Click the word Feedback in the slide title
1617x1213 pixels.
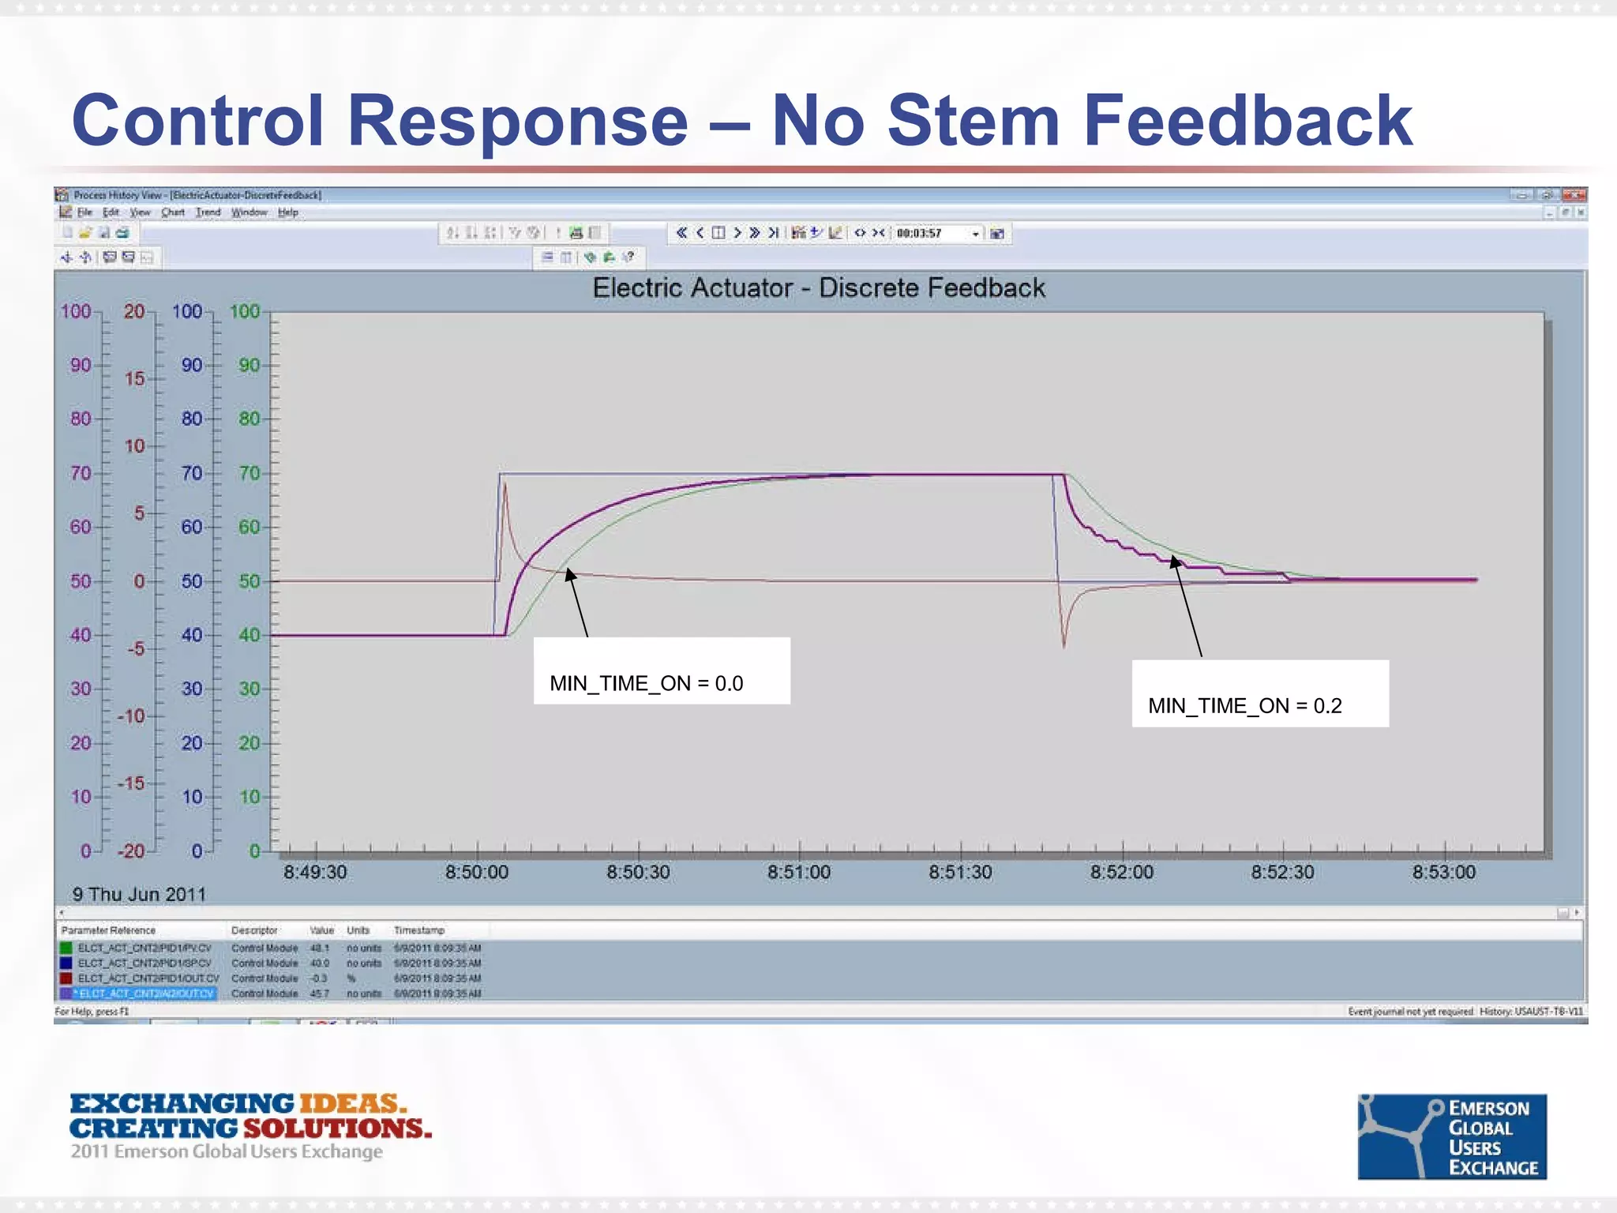1247,120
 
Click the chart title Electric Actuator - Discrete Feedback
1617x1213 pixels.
819,287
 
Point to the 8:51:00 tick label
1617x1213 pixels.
799,873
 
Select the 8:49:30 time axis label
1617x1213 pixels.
315,873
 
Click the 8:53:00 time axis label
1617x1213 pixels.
1443,873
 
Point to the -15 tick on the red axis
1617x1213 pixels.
131,783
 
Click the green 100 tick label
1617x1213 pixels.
245,311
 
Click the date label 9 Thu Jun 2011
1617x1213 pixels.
139,895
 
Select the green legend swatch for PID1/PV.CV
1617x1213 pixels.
66,948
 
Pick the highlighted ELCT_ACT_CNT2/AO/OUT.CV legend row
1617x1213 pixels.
146,993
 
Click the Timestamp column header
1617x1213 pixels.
419,930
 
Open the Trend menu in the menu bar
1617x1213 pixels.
208,212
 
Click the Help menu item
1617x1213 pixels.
288,212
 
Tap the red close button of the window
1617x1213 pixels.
1574,195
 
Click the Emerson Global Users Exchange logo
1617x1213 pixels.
1452,1136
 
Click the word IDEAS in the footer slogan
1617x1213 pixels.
351,1103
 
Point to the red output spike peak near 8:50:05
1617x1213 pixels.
505,486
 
